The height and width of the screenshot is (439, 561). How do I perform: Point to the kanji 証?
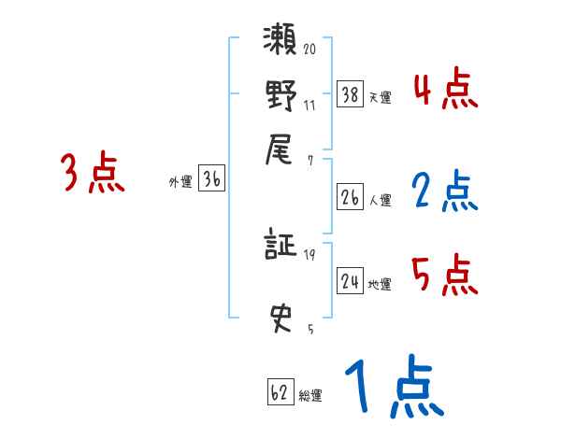click(x=280, y=247)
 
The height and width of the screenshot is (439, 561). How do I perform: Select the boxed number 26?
click(x=351, y=196)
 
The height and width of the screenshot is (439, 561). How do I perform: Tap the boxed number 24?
click(x=351, y=280)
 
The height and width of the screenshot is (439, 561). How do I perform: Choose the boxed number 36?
click(x=211, y=179)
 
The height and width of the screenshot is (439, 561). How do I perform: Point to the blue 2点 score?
click(x=444, y=191)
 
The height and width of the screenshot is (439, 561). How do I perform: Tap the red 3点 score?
click(x=93, y=173)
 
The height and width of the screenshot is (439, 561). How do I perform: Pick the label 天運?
click(x=381, y=97)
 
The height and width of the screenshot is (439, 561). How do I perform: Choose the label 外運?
click(x=180, y=183)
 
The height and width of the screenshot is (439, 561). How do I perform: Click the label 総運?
click(x=310, y=396)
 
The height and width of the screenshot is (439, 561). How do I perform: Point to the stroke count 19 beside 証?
click(x=309, y=254)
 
